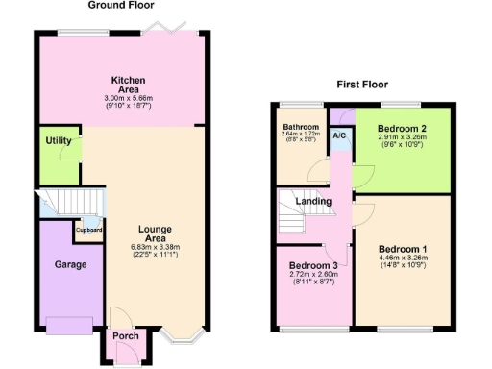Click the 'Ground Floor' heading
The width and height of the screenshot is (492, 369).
[122, 6]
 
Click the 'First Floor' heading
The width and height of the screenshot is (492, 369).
[360, 85]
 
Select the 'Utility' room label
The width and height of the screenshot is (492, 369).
[59, 141]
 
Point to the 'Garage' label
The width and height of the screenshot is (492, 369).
[70, 264]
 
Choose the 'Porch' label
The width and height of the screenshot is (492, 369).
[126, 335]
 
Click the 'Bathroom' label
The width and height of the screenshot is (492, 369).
[300, 127]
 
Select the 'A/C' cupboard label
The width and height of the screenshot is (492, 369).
[339, 135]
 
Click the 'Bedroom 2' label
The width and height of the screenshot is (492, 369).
[401, 128]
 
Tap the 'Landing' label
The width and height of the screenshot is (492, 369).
[313, 201]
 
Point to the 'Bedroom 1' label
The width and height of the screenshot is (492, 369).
[403, 250]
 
